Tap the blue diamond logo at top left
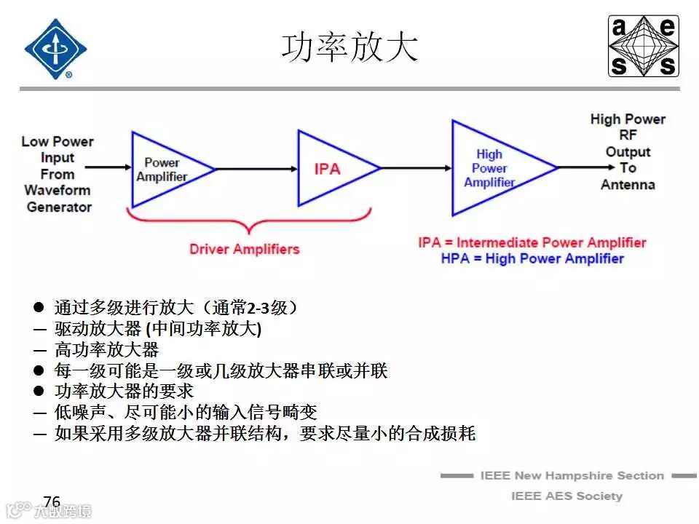[55, 48]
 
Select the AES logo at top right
[643, 47]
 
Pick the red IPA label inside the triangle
[327, 169]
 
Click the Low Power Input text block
[58, 174]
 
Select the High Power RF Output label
[628, 151]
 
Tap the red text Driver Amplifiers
[245, 249]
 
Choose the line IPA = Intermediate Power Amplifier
[532, 242]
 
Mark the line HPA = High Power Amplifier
[532, 258]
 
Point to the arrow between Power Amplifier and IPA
[256, 169]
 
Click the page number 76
[52, 501]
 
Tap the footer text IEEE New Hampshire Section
[572, 475]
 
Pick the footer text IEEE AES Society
[567, 496]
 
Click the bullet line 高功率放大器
[106, 350]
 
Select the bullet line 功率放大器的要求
[124, 392]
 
